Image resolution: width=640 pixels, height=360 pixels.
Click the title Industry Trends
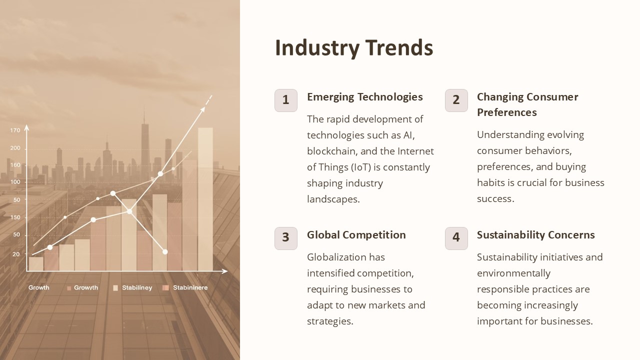354,48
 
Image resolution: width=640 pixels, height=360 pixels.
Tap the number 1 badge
286,100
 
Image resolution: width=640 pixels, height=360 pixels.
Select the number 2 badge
456,100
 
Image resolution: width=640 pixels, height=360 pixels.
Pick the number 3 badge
286,237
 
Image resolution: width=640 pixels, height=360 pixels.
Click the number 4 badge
456,237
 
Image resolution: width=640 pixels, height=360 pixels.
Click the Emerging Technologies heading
364,97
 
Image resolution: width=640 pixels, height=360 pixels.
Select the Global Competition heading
356,235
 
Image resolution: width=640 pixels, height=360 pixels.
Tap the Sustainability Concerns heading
535,235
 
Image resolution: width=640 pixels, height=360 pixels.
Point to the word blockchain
332,151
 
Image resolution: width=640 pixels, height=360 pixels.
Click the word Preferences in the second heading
506,112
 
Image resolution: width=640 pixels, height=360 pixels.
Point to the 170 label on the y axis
15,130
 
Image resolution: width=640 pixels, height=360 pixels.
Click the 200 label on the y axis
15,148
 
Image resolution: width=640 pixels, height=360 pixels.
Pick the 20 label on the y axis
16,254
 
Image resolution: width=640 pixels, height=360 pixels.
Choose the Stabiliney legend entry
136,288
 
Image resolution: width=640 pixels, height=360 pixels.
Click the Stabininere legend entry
190,288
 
